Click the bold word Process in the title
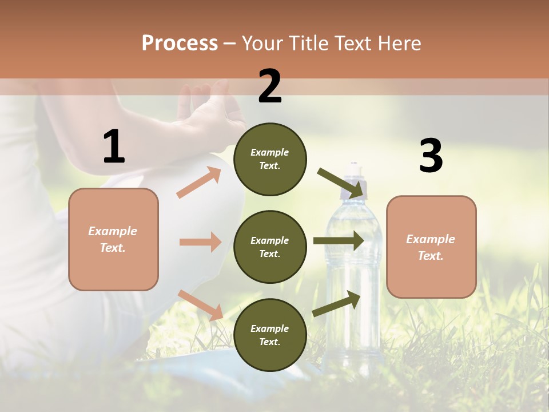(x=180, y=43)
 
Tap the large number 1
(x=114, y=147)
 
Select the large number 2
(x=270, y=87)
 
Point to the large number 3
(x=431, y=156)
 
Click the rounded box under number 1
(x=113, y=239)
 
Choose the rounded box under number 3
(x=431, y=247)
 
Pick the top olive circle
(x=270, y=159)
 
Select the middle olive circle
(x=270, y=247)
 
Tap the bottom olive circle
(x=270, y=335)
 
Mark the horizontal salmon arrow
(x=200, y=242)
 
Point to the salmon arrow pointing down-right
(x=200, y=305)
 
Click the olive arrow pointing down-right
(x=341, y=183)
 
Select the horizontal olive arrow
(x=339, y=241)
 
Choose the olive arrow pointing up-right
(x=337, y=304)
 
